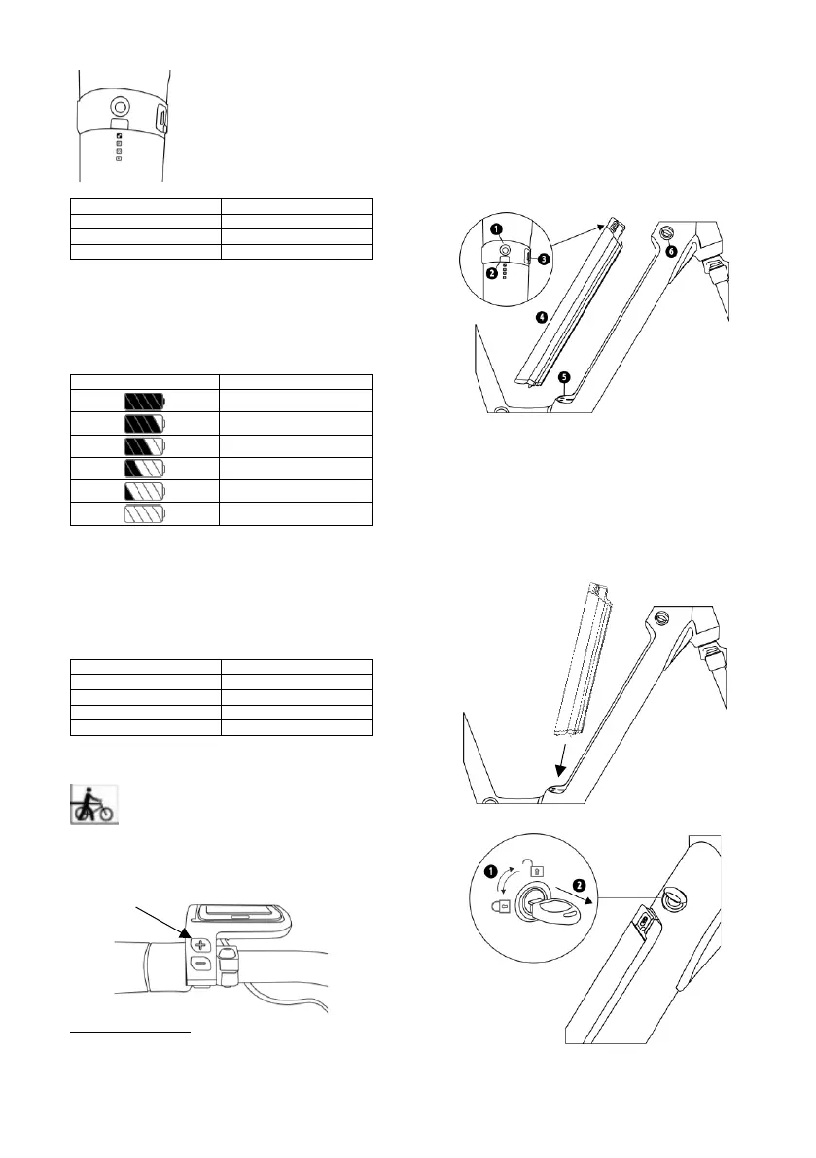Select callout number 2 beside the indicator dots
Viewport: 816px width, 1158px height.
[492, 273]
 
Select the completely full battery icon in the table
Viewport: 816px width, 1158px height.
[145, 401]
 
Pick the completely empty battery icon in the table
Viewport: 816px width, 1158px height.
[145, 512]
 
